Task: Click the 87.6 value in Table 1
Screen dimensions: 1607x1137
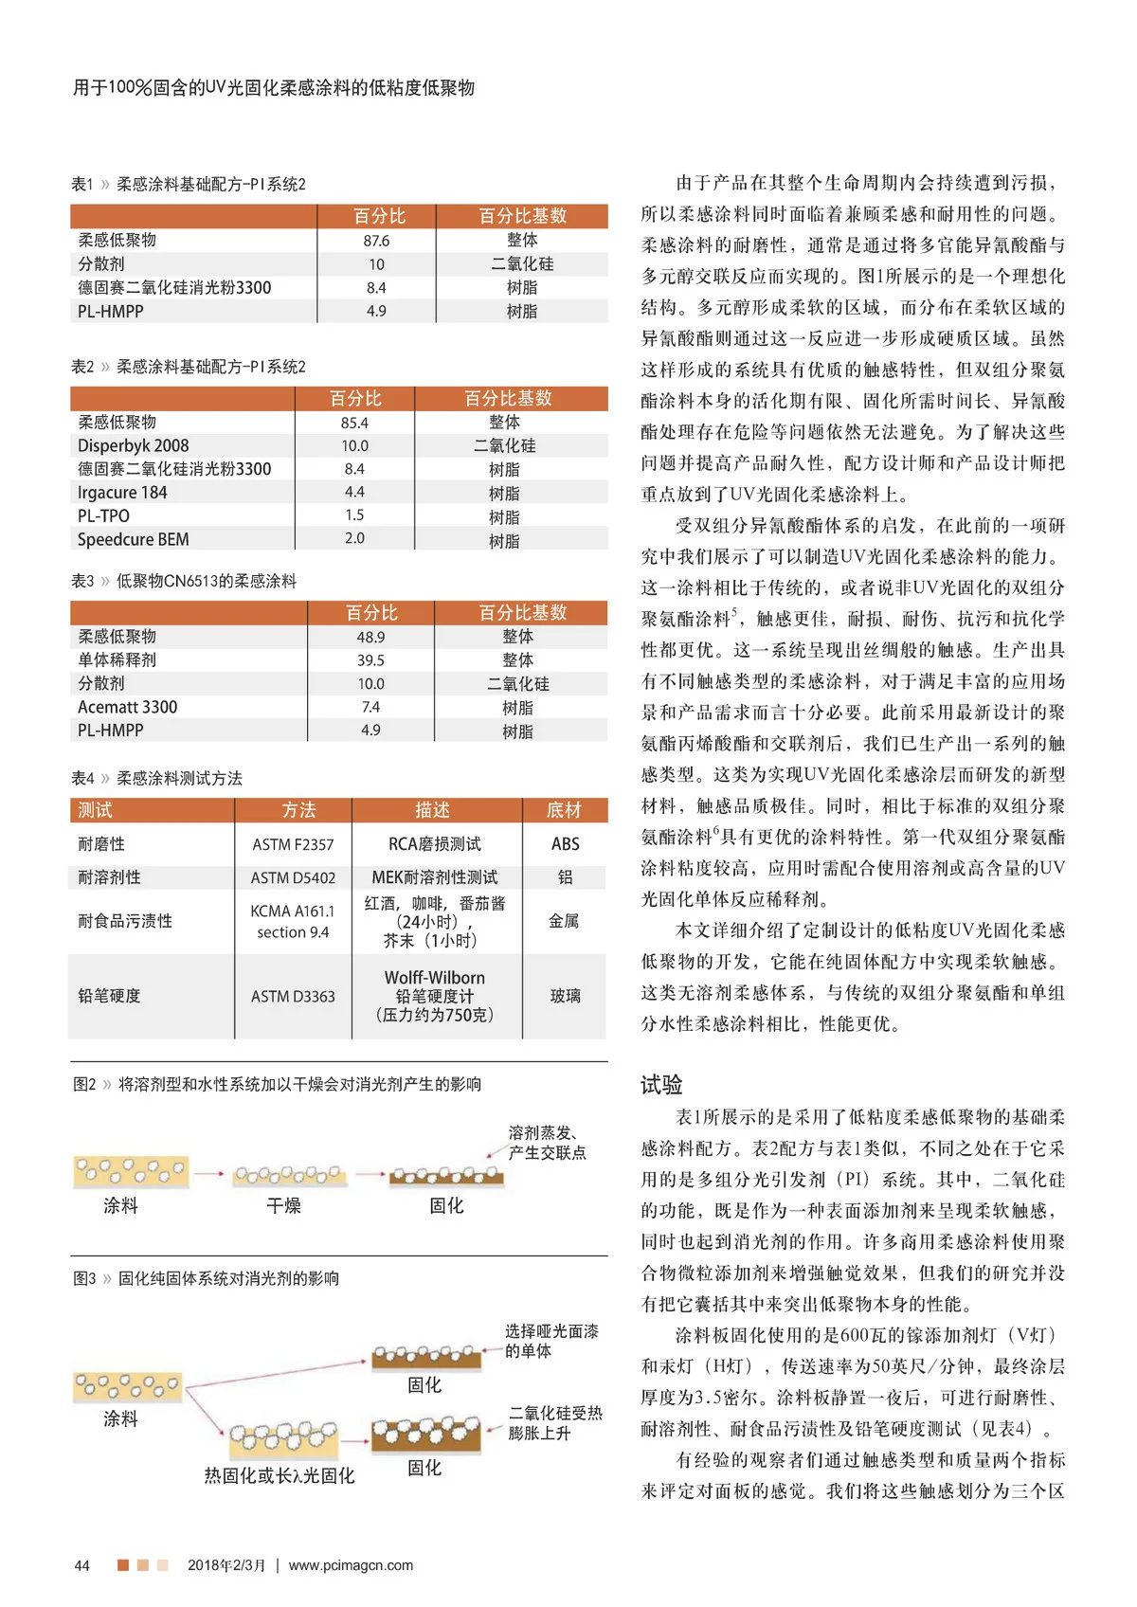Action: click(376, 241)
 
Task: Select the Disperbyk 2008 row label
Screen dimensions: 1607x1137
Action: click(133, 445)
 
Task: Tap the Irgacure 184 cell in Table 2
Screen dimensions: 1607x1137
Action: click(122, 493)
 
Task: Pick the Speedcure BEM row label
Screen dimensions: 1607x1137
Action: click(133, 539)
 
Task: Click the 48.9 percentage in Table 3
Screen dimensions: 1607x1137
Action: click(370, 638)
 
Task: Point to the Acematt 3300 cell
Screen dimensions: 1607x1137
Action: click(127, 707)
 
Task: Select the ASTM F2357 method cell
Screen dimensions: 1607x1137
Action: click(293, 844)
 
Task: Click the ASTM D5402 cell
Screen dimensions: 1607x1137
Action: click(293, 877)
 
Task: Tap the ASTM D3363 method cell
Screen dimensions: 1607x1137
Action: click(293, 996)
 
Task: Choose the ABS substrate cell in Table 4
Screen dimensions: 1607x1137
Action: click(565, 844)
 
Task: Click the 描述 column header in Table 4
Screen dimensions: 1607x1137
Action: click(432, 810)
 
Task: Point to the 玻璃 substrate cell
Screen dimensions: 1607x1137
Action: click(565, 996)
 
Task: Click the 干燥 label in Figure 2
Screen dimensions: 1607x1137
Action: click(284, 1205)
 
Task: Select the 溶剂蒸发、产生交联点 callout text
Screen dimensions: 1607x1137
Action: click(547, 1143)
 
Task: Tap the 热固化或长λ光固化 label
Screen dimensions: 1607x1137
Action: click(280, 1475)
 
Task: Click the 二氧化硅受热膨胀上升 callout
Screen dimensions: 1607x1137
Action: click(555, 1423)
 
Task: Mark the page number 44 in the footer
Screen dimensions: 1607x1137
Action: click(82, 1565)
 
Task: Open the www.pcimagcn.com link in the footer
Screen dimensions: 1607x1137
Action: click(351, 1565)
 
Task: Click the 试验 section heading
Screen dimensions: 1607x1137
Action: click(661, 1085)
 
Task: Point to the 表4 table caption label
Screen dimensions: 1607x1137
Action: click(82, 779)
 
